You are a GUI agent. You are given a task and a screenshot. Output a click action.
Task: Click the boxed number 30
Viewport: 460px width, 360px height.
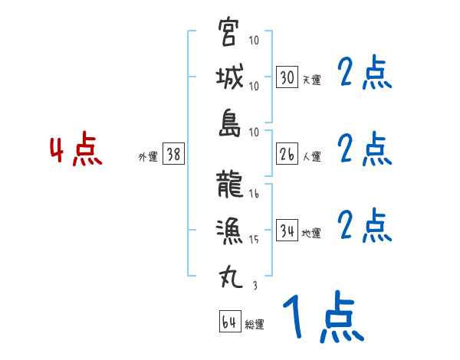pos(287,77)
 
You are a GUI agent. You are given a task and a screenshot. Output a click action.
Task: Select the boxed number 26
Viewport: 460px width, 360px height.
pos(287,154)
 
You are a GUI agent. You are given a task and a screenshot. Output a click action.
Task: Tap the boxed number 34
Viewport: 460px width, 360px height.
pos(287,231)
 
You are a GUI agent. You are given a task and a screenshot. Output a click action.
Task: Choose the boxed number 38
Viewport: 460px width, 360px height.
pos(173,155)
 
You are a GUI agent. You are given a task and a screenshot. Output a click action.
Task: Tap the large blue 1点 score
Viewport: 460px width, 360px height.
pos(322,317)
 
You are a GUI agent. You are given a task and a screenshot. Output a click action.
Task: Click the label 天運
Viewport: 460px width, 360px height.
pos(311,80)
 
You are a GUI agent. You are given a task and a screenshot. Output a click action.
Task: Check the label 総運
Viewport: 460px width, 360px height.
pos(255,325)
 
